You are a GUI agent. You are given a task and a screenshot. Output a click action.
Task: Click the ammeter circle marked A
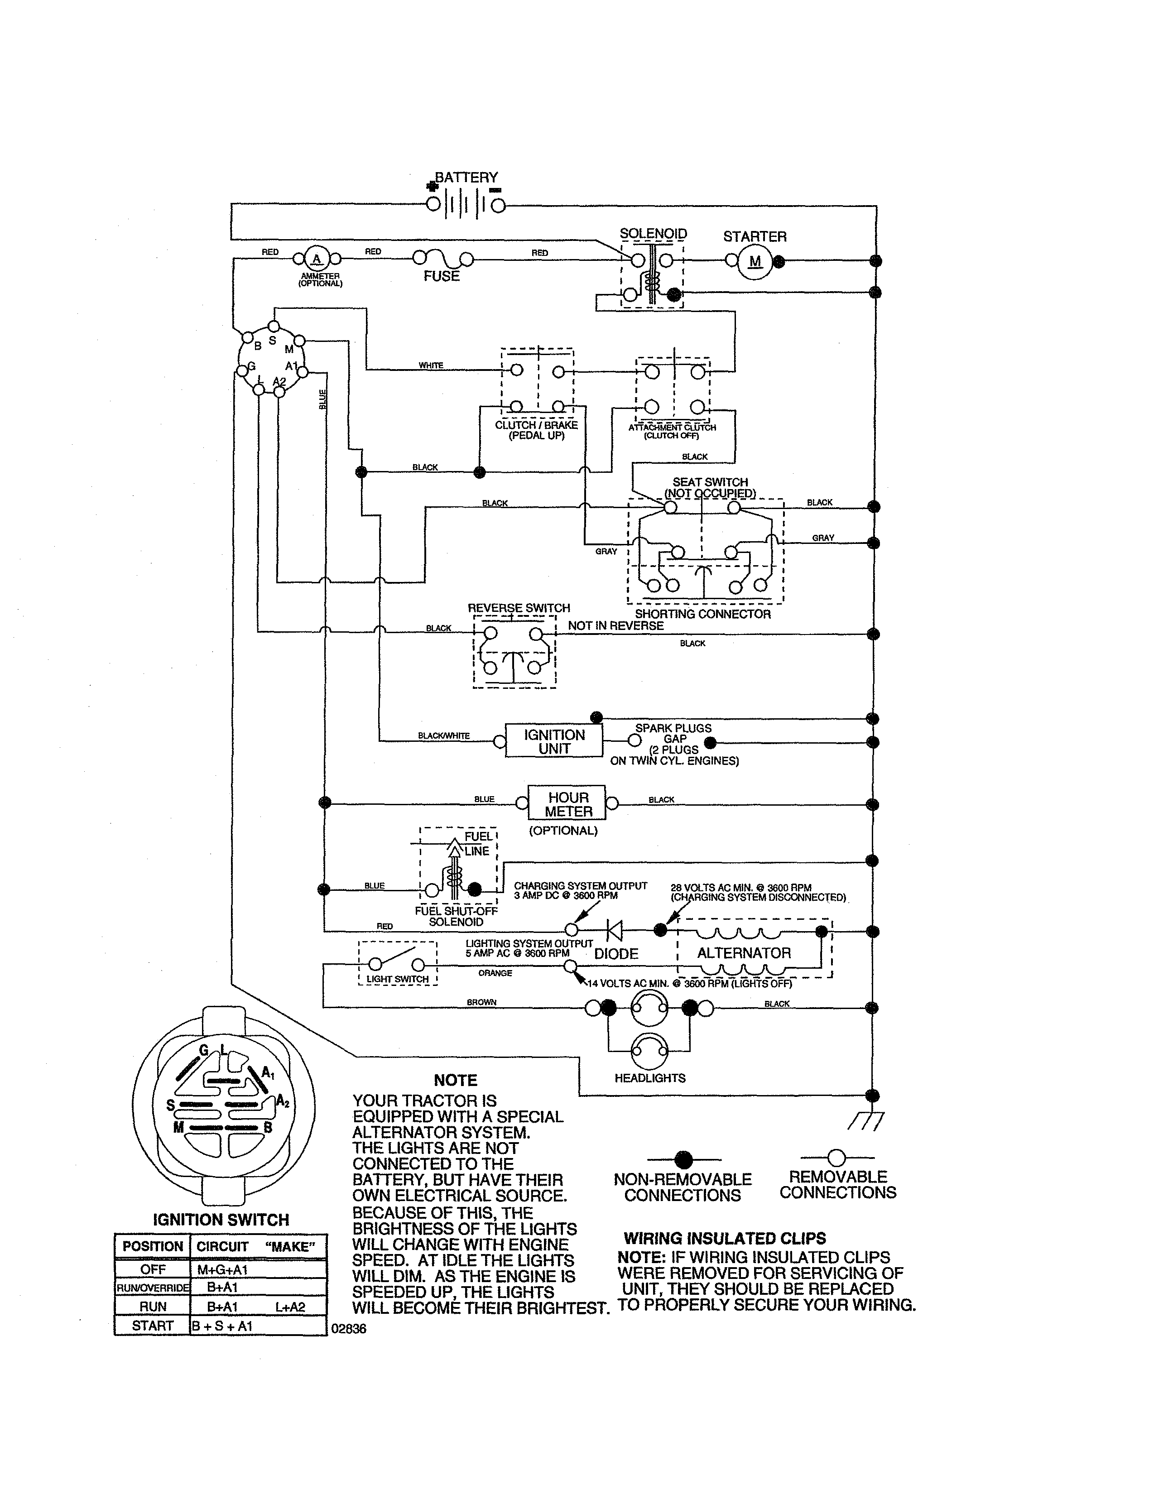(317, 259)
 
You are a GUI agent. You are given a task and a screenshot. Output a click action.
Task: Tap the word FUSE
(442, 276)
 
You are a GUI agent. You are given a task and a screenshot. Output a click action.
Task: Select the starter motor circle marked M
(755, 262)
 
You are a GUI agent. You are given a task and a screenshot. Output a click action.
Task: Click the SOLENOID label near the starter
(653, 234)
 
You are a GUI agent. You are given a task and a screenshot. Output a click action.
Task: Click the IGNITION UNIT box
(553, 741)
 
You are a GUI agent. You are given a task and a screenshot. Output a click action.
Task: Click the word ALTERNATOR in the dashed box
(743, 953)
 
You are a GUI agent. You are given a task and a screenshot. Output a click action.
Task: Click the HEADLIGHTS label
(649, 1078)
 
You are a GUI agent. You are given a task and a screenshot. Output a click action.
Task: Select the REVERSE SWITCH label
(519, 608)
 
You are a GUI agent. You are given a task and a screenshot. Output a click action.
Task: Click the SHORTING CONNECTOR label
(702, 614)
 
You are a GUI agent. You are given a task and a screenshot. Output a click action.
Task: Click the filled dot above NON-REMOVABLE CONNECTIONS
(683, 1158)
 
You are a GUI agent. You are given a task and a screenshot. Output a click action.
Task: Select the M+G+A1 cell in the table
(222, 1270)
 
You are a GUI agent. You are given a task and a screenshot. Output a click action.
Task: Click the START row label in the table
(153, 1325)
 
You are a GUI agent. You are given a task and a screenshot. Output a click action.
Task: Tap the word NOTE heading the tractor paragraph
(455, 1081)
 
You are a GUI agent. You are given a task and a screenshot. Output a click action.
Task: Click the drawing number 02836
(349, 1329)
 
